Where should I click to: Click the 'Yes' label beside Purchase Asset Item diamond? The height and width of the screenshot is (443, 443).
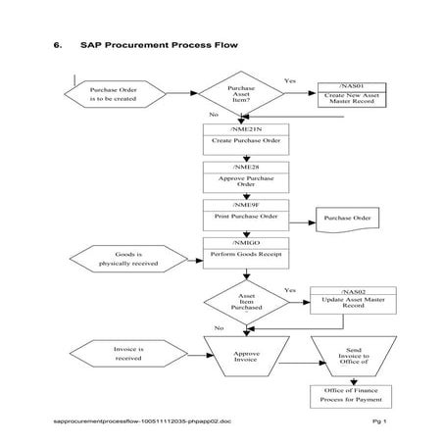coord(290,80)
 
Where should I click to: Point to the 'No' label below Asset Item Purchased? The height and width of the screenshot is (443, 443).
coord(219,328)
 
